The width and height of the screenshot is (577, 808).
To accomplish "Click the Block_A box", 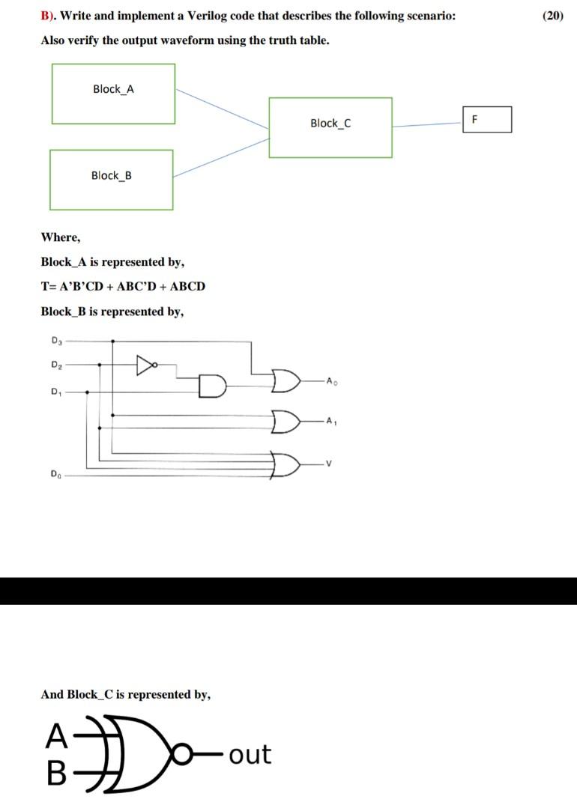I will (x=113, y=94).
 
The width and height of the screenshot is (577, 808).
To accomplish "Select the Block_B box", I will (x=111, y=180).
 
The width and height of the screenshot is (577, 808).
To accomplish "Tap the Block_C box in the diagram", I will (x=330, y=127).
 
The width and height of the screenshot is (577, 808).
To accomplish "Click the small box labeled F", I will (x=487, y=119).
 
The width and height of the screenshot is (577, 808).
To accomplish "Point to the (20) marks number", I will (x=552, y=16).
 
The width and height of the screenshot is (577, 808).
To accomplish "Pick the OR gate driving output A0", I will (x=286, y=380).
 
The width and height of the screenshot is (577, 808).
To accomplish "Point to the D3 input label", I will (x=56, y=341).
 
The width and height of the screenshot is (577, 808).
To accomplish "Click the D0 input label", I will (x=55, y=473).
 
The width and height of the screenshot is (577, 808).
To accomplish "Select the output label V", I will (x=328, y=465).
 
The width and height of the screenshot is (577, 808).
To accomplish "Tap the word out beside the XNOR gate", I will (x=250, y=754).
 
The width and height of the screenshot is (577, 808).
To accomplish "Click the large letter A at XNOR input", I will (x=55, y=737).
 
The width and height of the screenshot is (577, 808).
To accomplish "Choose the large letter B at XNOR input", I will (x=56, y=774).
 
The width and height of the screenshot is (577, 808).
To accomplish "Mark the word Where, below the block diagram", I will (x=60, y=237).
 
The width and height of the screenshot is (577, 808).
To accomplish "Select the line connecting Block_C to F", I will (x=427, y=125).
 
